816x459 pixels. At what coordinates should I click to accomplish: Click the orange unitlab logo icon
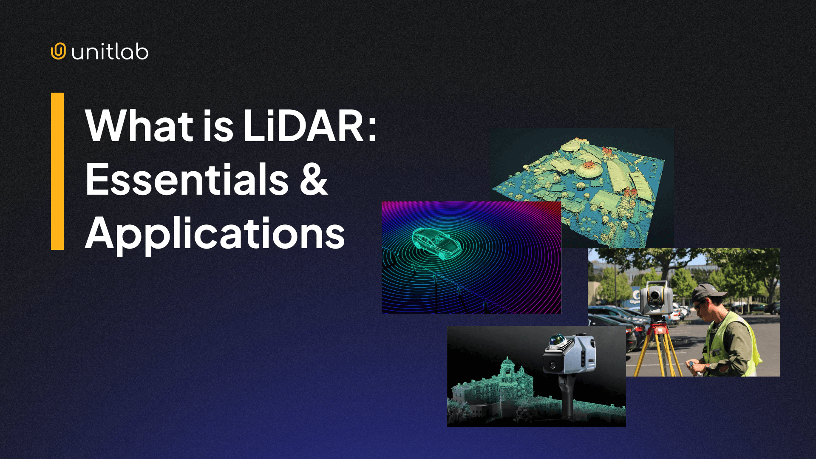(x=58, y=51)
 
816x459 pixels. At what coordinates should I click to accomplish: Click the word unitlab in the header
(x=110, y=52)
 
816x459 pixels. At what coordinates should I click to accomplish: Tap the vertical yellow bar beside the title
(x=57, y=171)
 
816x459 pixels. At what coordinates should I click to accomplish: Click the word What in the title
(x=139, y=126)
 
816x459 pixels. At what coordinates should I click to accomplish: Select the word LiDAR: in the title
(x=310, y=126)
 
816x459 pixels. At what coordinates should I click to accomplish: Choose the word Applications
(x=215, y=233)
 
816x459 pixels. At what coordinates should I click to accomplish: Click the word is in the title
(x=218, y=126)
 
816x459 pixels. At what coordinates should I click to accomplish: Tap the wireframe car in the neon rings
(x=436, y=244)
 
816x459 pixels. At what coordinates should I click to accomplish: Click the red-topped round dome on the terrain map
(x=588, y=165)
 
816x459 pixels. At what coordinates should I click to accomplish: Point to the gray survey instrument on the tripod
(x=656, y=297)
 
